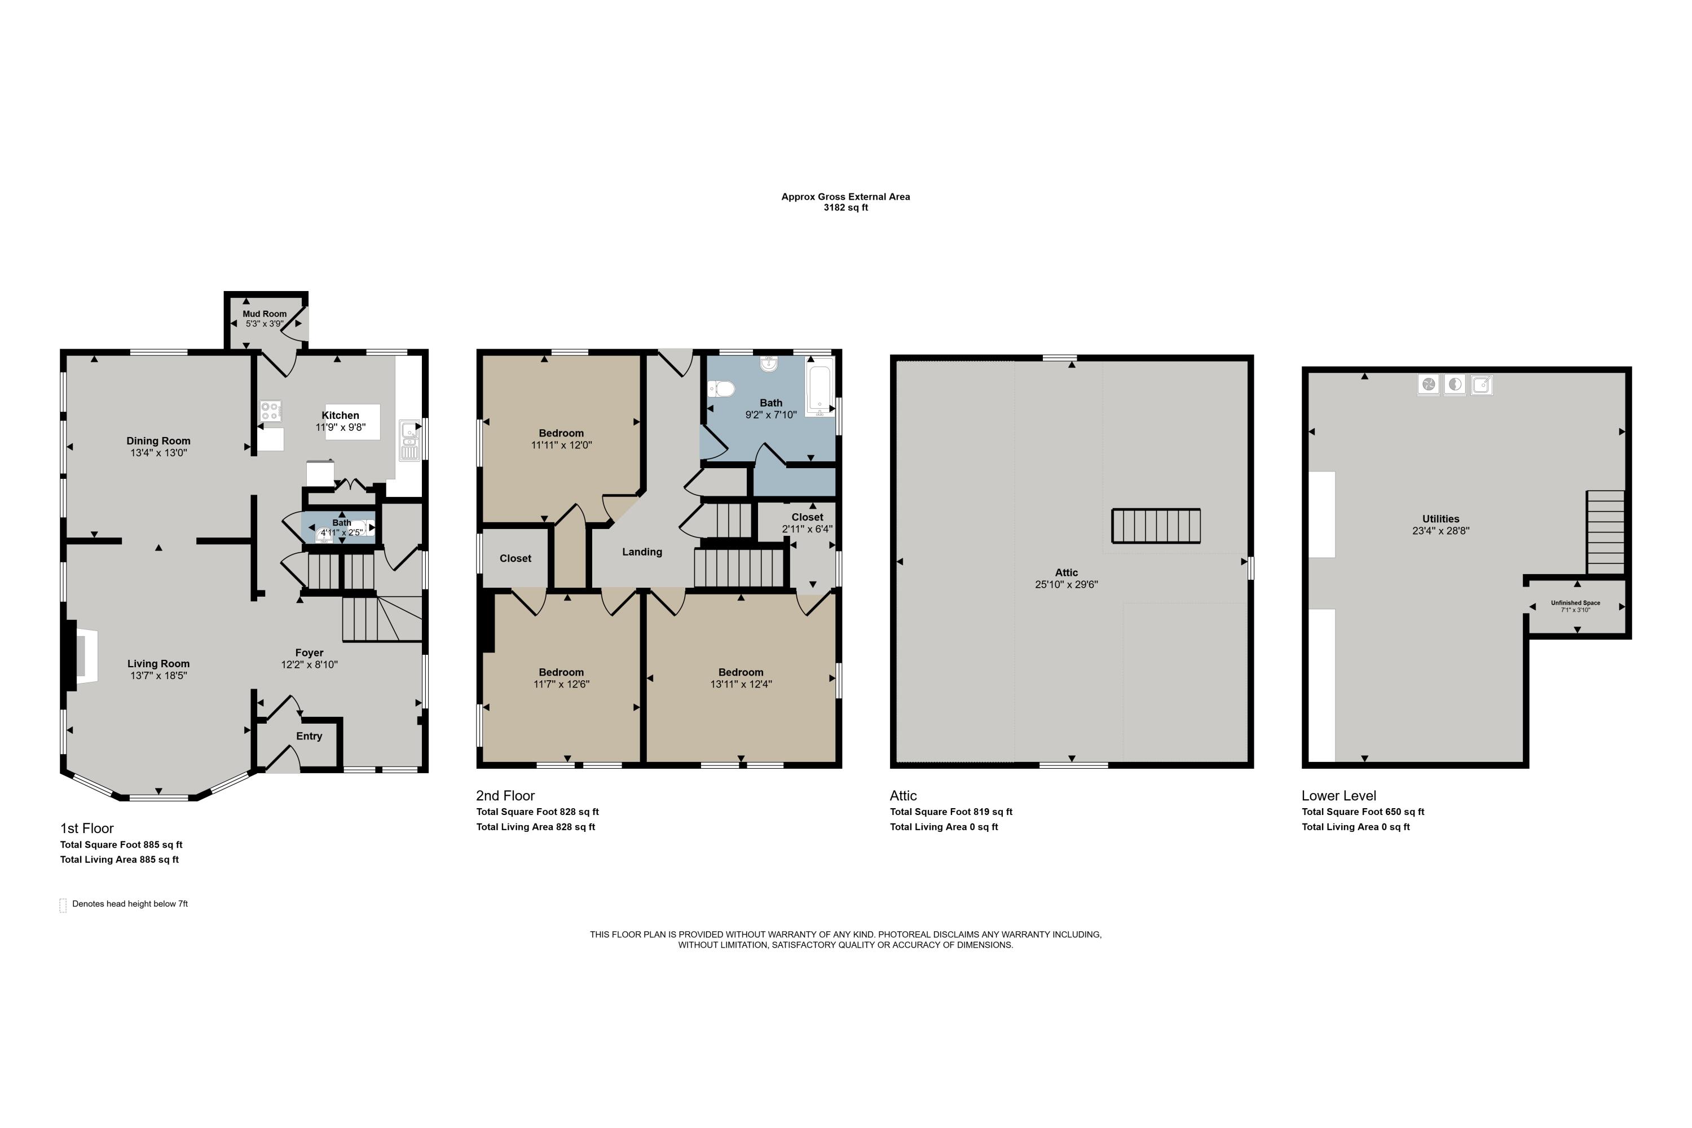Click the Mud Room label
[265, 314]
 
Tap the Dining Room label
[158, 441]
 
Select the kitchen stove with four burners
[271, 412]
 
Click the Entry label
[309, 736]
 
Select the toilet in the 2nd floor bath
[721, 389]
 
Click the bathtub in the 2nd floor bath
[819, 391]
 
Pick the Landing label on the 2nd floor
[642, 552]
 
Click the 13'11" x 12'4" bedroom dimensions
[741, 684]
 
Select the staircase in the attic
[1156, 526]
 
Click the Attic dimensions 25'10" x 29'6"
[1066, 584]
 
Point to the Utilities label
[1441, 519]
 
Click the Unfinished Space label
[1575, 603]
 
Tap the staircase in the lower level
[1606, 532]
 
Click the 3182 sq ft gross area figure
[846, 208]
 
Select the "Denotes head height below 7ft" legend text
[130, 904]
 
